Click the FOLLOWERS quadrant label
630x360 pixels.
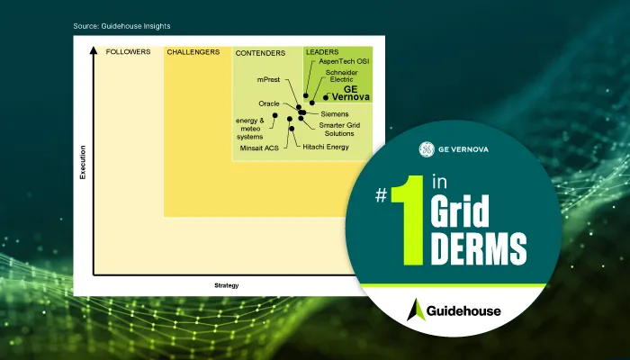pos(128,52)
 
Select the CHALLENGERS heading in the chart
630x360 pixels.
pos(193,52)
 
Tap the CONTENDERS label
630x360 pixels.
pos(260,53)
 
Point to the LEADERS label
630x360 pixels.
pos(322,52)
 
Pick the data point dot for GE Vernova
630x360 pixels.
pos(325,96)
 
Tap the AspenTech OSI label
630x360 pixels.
pos(345,62)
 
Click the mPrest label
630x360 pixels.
pos(268,81)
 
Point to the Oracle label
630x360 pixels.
pos(270,104)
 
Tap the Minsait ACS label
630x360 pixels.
pos(258,146)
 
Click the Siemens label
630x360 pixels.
pos(335,114)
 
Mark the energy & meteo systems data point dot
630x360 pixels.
pos(275,115)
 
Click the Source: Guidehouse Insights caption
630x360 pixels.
pos(121,26)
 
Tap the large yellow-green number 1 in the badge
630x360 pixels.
pos(409,221)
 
